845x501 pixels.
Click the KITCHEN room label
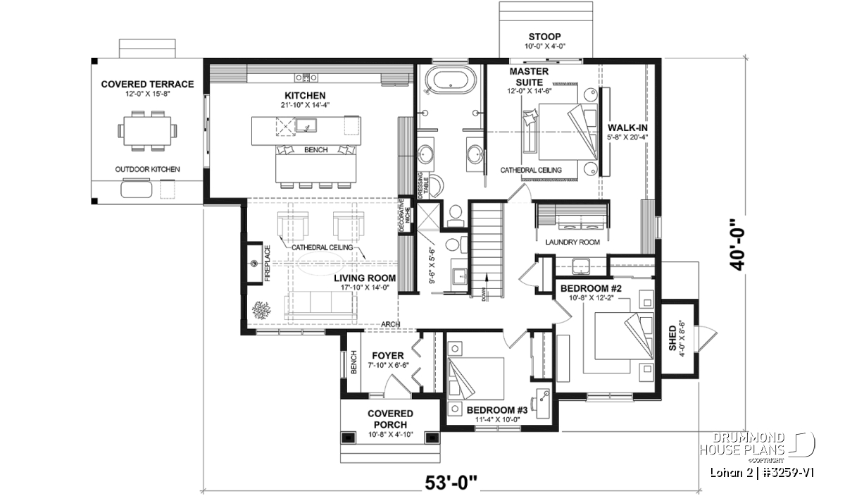coord(305,96)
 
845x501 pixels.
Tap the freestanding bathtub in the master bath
coord(449,80)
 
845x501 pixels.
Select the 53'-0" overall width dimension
coord(451,483)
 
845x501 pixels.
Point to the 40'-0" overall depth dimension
coord(738,245)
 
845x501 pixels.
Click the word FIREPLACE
coord(268,264)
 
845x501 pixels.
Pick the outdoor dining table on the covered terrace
coord(147,130)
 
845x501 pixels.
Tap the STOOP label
coord(544,37)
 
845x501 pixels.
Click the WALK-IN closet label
coord(627,128)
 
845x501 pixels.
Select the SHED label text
coord(672,338)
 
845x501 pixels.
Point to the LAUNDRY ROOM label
coord(572,242)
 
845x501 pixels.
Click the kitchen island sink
coord(306,125)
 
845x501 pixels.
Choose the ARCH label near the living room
coord(390,324)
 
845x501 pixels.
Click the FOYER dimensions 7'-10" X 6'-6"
coord(388,365)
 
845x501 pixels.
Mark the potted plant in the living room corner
coord(261,310)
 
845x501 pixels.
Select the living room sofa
coord(320,305)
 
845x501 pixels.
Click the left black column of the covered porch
coord(348,438)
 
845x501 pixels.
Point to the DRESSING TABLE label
coord(423,186)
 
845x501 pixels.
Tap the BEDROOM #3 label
coord(497,410)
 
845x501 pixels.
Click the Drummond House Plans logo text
coord(742,444)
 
